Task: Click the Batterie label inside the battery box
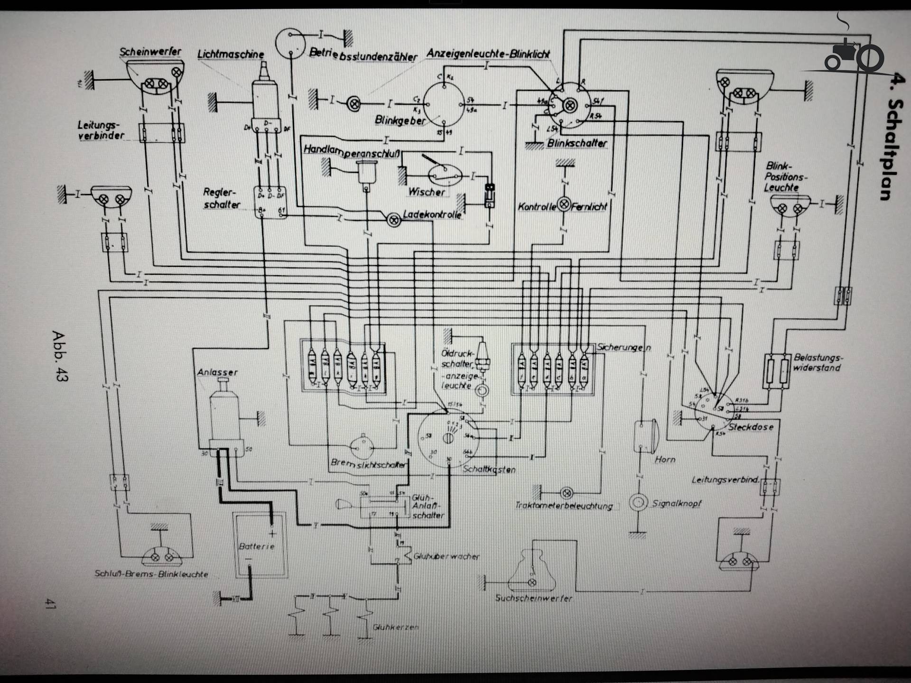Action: [257, 546]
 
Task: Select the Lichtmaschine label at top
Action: [231, 54]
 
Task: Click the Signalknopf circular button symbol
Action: [638, 502]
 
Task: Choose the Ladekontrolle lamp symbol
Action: [393, 220]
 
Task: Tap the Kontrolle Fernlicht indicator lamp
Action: [564, 205]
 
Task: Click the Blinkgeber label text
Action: [400, 120]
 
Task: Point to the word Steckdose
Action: [751, 427]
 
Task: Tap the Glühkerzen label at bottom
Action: [395, 627]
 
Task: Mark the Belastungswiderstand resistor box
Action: [777, 371]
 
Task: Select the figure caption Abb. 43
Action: [60, 356]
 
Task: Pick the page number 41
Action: [50, 603]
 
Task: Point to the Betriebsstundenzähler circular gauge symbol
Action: [290, 43]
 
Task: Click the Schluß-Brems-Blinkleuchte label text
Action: [151, 574]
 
